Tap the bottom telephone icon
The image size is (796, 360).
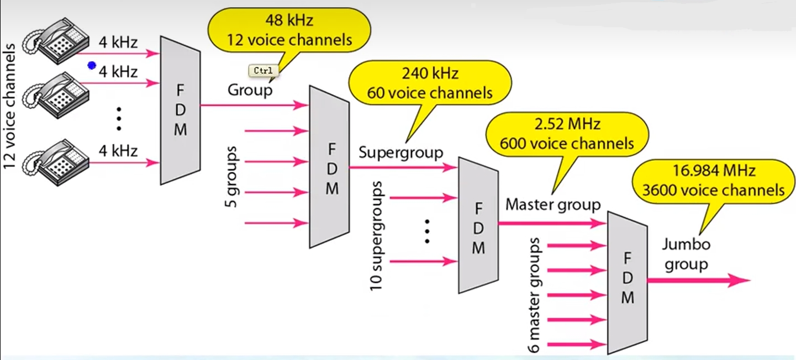coord(55,159)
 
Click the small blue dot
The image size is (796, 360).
coord(92,66)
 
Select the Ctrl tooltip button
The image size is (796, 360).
coord(263,71)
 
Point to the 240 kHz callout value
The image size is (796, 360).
coord(430,73)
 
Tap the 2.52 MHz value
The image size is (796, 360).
coord(567,123)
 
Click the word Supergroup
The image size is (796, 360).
coord(400,152)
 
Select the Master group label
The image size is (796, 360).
coord(552,205)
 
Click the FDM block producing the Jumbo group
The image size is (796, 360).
coord(627,282)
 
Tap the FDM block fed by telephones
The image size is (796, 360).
coord(180,110)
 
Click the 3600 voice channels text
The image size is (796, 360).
coord(713,190)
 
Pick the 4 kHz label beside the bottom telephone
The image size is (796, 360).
coord(118,150)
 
